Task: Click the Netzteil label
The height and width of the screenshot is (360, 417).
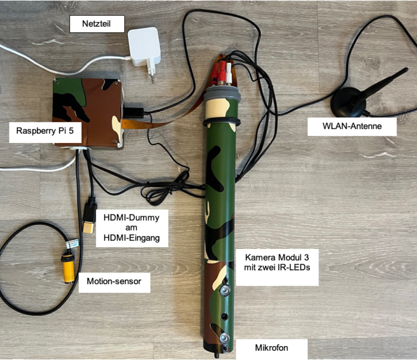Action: click(x=97, y=24)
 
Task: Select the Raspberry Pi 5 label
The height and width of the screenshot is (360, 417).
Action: click(x=45, y=131)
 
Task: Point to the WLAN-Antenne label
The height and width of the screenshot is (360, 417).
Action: click(x=352, y=126)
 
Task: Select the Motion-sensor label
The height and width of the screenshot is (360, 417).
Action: click(x=114, y=282)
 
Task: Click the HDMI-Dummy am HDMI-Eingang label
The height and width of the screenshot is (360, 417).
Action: click(x=131, y=227)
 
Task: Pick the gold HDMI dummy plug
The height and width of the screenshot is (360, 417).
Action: click(x=88, y=227)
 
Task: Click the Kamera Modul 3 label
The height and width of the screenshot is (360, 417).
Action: click(x=277, y=262)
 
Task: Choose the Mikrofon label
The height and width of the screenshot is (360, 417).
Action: click(x=271, y=347)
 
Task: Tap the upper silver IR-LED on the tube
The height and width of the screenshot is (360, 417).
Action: click(x=225, y=290)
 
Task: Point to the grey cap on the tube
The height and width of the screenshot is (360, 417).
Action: click(x=220, y=94)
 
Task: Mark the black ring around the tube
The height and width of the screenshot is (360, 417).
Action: click(x=220, y=122)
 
